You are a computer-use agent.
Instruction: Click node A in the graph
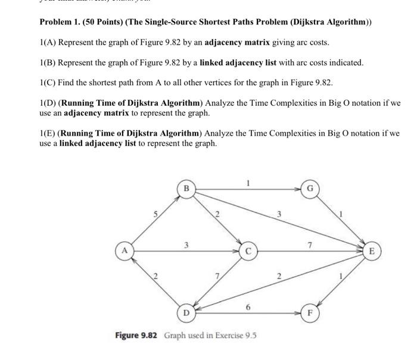[124, 251]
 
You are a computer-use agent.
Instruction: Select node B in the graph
[186, 189]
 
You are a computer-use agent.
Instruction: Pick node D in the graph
[186, 312]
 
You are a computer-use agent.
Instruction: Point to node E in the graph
[371, 251]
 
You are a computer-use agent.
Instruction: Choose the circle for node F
[309, 312]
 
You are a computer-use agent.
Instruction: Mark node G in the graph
[309, 189]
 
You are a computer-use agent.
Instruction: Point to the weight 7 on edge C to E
[309, 244]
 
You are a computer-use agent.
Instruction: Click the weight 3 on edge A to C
[186, 244]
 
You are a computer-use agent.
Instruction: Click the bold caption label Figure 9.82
[136, 336]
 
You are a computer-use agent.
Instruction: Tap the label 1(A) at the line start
[48, 43]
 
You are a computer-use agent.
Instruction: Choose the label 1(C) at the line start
[48, 82]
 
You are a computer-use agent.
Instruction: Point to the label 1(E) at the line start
[48, 133]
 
